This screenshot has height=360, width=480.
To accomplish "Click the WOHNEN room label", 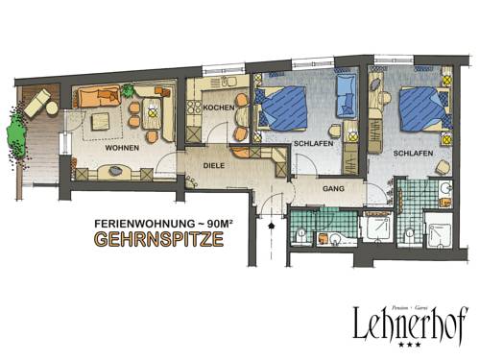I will [123, 149].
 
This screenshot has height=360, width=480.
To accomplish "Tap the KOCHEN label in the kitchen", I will [214, 108].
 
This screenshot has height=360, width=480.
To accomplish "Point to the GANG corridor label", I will [333, 188].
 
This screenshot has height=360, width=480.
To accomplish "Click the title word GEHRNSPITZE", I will [158, 240].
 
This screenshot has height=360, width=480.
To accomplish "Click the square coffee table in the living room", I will [101, 122].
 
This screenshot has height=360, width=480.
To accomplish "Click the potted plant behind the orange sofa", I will [127, 90].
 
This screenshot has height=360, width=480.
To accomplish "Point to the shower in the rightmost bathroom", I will [439, 229].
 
